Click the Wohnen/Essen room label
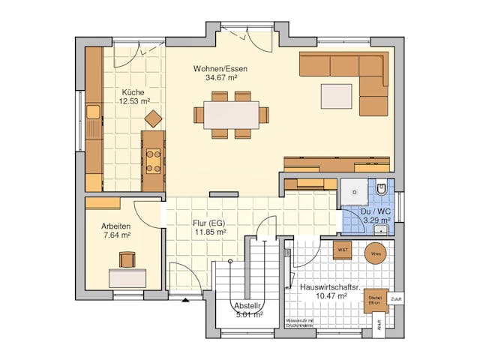click(220, 68)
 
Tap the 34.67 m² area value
click(220, 77)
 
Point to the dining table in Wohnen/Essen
click(231, 115)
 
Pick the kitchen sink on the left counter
click(94, 113)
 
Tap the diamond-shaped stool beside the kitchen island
click(154, 118)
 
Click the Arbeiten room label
click(116, 226)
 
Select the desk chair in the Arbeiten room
click(126, 259)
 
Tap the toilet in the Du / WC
click(382, 189)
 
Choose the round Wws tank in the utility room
click(375, 254)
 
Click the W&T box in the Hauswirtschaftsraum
click(343, 250)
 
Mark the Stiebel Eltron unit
click(375, 300)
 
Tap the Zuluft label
click(396, 298)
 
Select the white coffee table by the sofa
click(336, 96)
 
